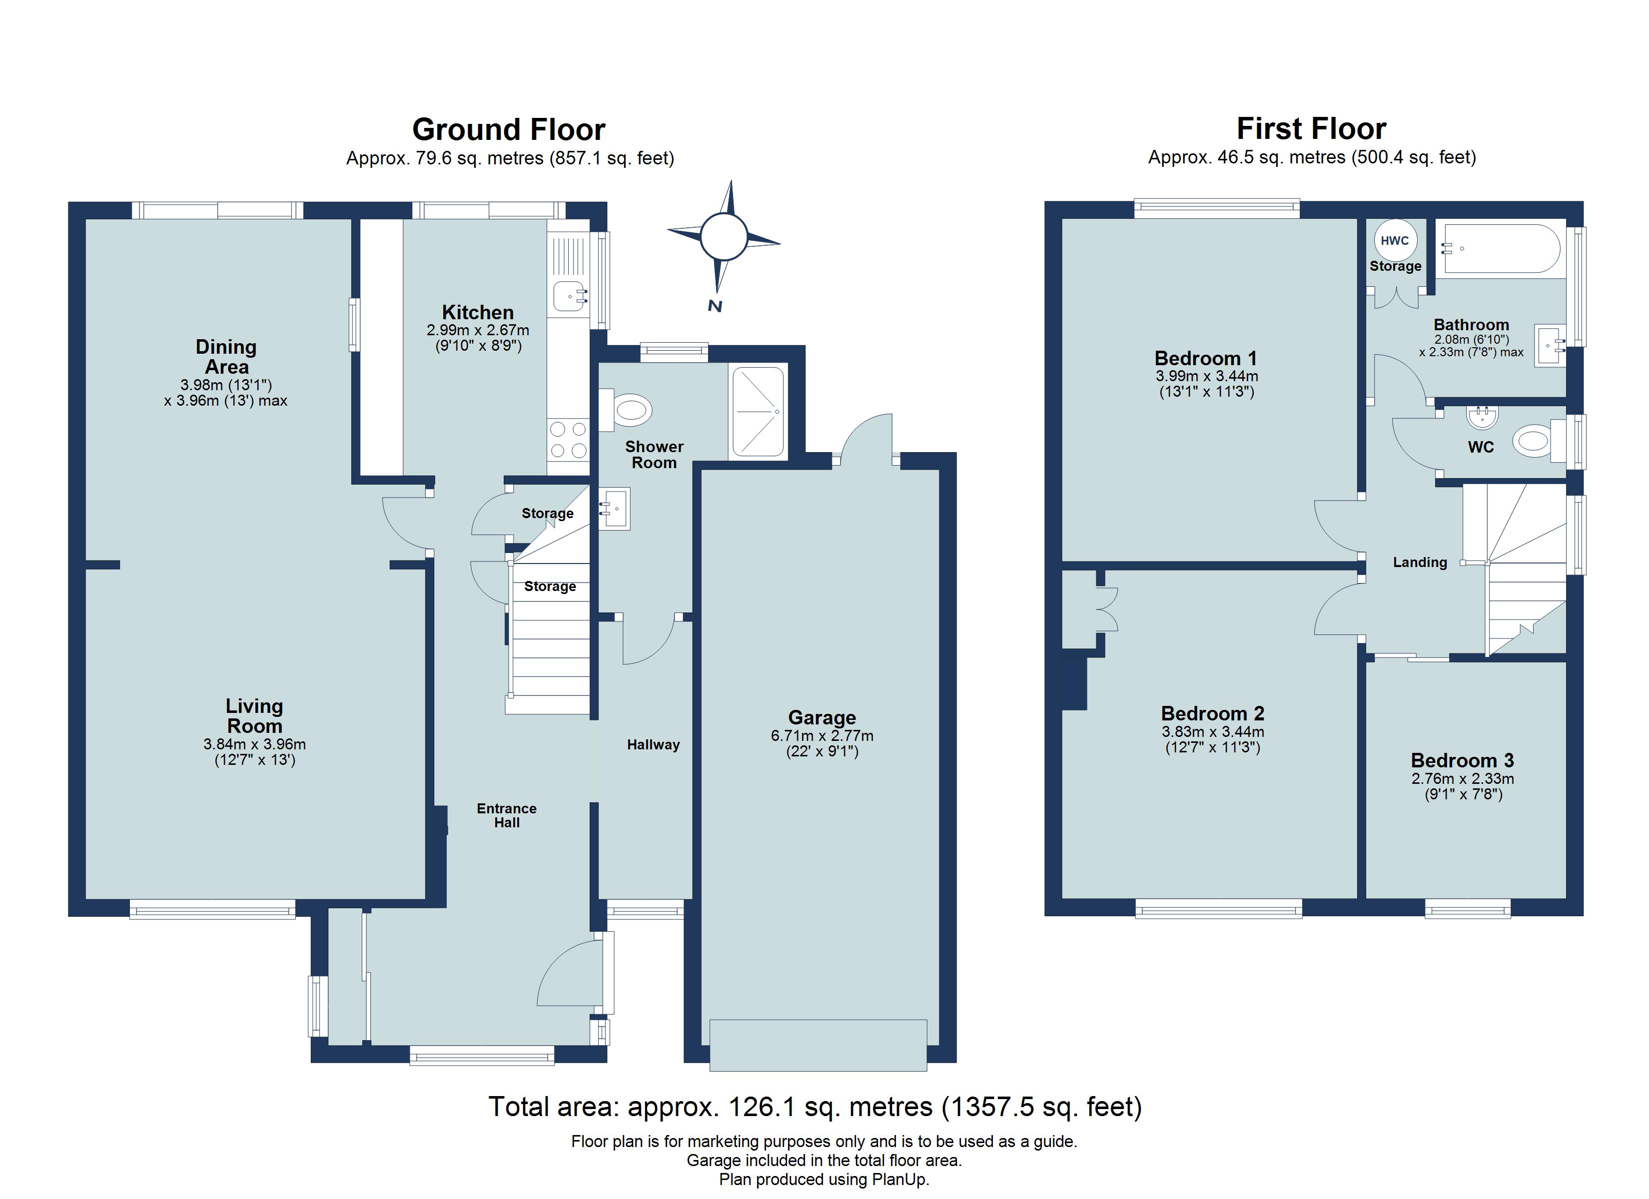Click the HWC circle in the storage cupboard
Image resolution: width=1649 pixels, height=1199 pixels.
[x=1395, y=241]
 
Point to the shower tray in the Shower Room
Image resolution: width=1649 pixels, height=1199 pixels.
[x=758, y=412]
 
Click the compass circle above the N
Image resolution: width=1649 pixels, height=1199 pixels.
[x=724, y=236]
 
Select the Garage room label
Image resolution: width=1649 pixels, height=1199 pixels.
[x=822, y=718]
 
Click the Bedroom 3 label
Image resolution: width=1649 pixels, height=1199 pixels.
[x=1462, y=760]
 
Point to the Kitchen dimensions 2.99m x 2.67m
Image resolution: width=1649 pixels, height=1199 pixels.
[x=478, y=330]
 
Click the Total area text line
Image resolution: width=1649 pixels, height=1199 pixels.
[x=815, y=1107]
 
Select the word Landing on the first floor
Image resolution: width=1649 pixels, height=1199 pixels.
[x=1419, y=562]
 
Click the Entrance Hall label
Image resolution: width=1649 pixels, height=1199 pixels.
[x=507, y=815]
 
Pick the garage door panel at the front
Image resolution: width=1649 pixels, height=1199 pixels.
[x=818, y=1045]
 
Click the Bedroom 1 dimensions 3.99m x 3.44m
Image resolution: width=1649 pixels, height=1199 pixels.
[x=1206, y=377]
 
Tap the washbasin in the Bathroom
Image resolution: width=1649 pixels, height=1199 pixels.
[x=1549, y=345]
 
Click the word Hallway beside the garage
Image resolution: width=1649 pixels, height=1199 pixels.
[x=653, y=744]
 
